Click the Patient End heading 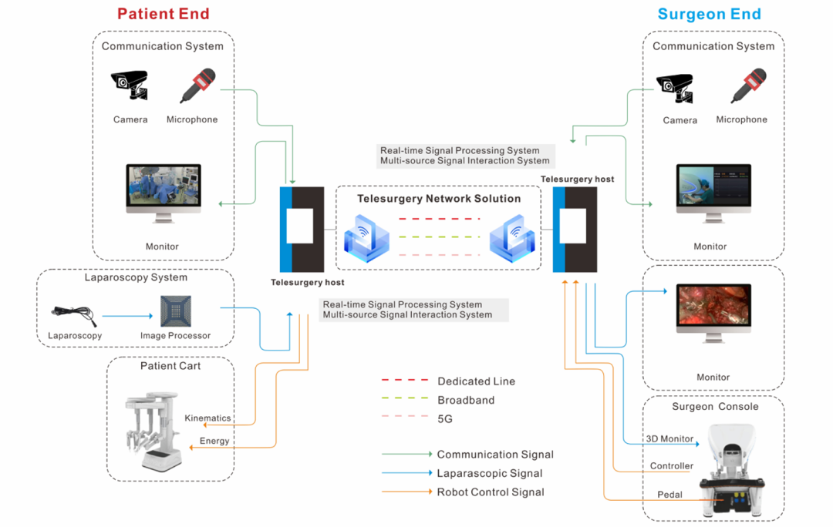pyautogui.click(x=163, y=14)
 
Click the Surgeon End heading pyautogui.click(x=709, y=14)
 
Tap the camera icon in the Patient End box pyautogui.click(x=129, y=86)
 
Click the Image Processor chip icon pyautogui.click(x=175, y=310)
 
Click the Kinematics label pyautogui.click(x=207, y=418)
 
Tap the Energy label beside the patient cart pyautogui.click(x=214, y=441)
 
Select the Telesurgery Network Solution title pyautogui.click(x=439, y=199)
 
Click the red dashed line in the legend pyautogui.click(x=405, y=380)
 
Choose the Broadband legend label pyautogui.click(x=466, y=401)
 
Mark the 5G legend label pyautogui.click(x=445, y=420)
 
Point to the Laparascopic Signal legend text pyautogui.click(x=489, y=474)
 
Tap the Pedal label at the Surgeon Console pyautogui.click(x=669, y=495)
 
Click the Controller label pyautogui.click(x=671, y=466)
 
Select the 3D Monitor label pyautogui.click(x=669, y=439)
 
